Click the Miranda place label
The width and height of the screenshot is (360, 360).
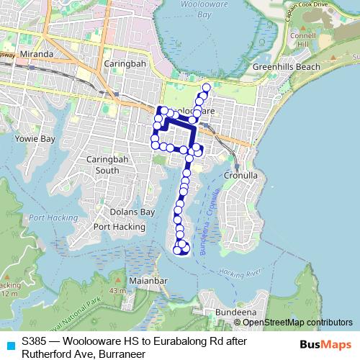click(x=38, y=54)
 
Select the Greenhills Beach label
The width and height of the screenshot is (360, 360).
click(x=287, y=67)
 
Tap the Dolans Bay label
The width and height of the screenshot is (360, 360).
click(x=132, y=212)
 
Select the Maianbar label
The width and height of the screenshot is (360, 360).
click(x=148, y=279)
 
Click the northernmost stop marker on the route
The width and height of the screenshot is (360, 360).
click(x=207, y=88)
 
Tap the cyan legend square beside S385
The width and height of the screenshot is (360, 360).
click(x=9, y=345)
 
